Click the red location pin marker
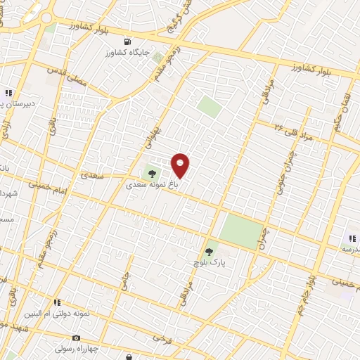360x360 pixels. pyautogui.click(x=181, y=165)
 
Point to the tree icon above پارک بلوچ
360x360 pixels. pyautogui.click(x=209, y=250)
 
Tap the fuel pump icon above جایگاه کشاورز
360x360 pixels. pyautogui.click(x=127, y=41)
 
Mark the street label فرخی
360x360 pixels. pyautogui.click(x=161, y=338)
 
